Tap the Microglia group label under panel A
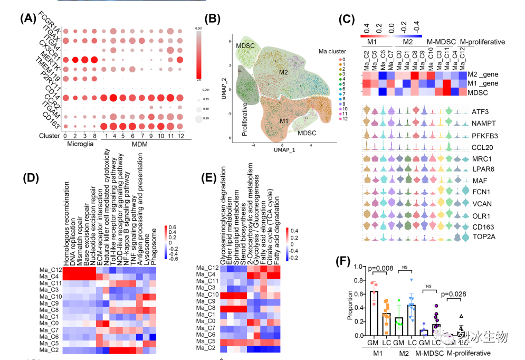(x=77, y=144)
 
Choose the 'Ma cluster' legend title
(x=332, y=52)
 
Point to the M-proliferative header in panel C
(x=482, y=42)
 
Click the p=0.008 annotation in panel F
(x=386, y=267)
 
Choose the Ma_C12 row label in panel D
(x=51, y=270)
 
